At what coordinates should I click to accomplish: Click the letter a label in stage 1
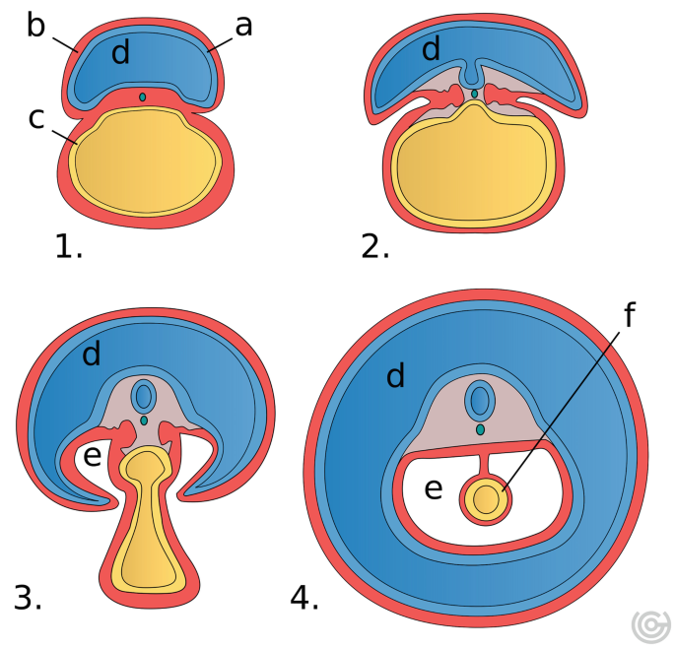tap(243, 26)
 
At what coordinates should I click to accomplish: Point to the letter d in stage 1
tap(120, 53)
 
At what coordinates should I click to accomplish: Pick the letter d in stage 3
tap(92, 354)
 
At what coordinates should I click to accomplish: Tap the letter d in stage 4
tap(396, 375)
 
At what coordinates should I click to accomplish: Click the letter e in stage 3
tap(91, 456)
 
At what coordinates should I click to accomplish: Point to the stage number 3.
tap(28, 596)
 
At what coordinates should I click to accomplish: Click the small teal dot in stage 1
tap(143, 97)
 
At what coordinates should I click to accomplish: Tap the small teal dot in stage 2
tap(474, 94)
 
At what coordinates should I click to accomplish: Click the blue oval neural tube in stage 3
tap(144, 396)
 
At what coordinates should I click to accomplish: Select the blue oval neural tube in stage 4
tap(480, 402)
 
